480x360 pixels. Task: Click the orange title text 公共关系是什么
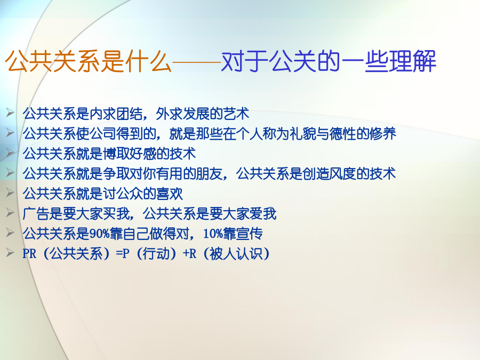(88, 61)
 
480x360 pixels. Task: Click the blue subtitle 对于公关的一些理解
(329, 61)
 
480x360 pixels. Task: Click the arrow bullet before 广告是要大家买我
(10, 212)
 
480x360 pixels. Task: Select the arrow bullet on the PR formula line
(10, 252)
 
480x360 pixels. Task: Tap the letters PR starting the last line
(29, 254)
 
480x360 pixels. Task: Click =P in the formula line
(123, 254)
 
